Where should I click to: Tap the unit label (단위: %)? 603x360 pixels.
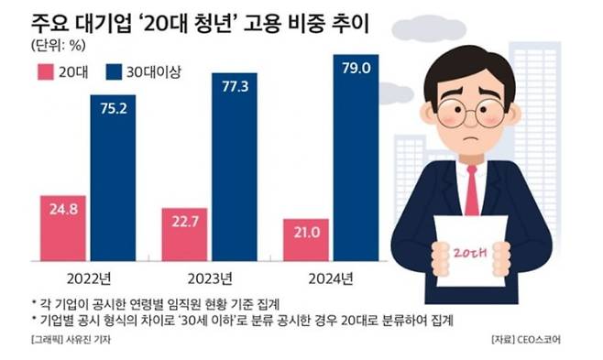[61, 46]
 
